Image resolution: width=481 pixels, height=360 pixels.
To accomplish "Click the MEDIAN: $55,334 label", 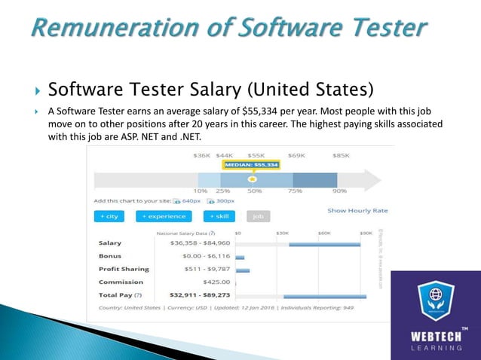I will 251,164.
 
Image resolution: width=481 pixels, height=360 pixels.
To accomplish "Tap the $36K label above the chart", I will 202,156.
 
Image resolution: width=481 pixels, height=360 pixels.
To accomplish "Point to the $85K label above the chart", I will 341,156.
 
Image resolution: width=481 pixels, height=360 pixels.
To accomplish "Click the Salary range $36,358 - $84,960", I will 191,243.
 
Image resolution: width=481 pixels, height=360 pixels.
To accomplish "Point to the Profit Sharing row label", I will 124,269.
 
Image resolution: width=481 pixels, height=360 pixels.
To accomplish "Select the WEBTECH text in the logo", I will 435,334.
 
